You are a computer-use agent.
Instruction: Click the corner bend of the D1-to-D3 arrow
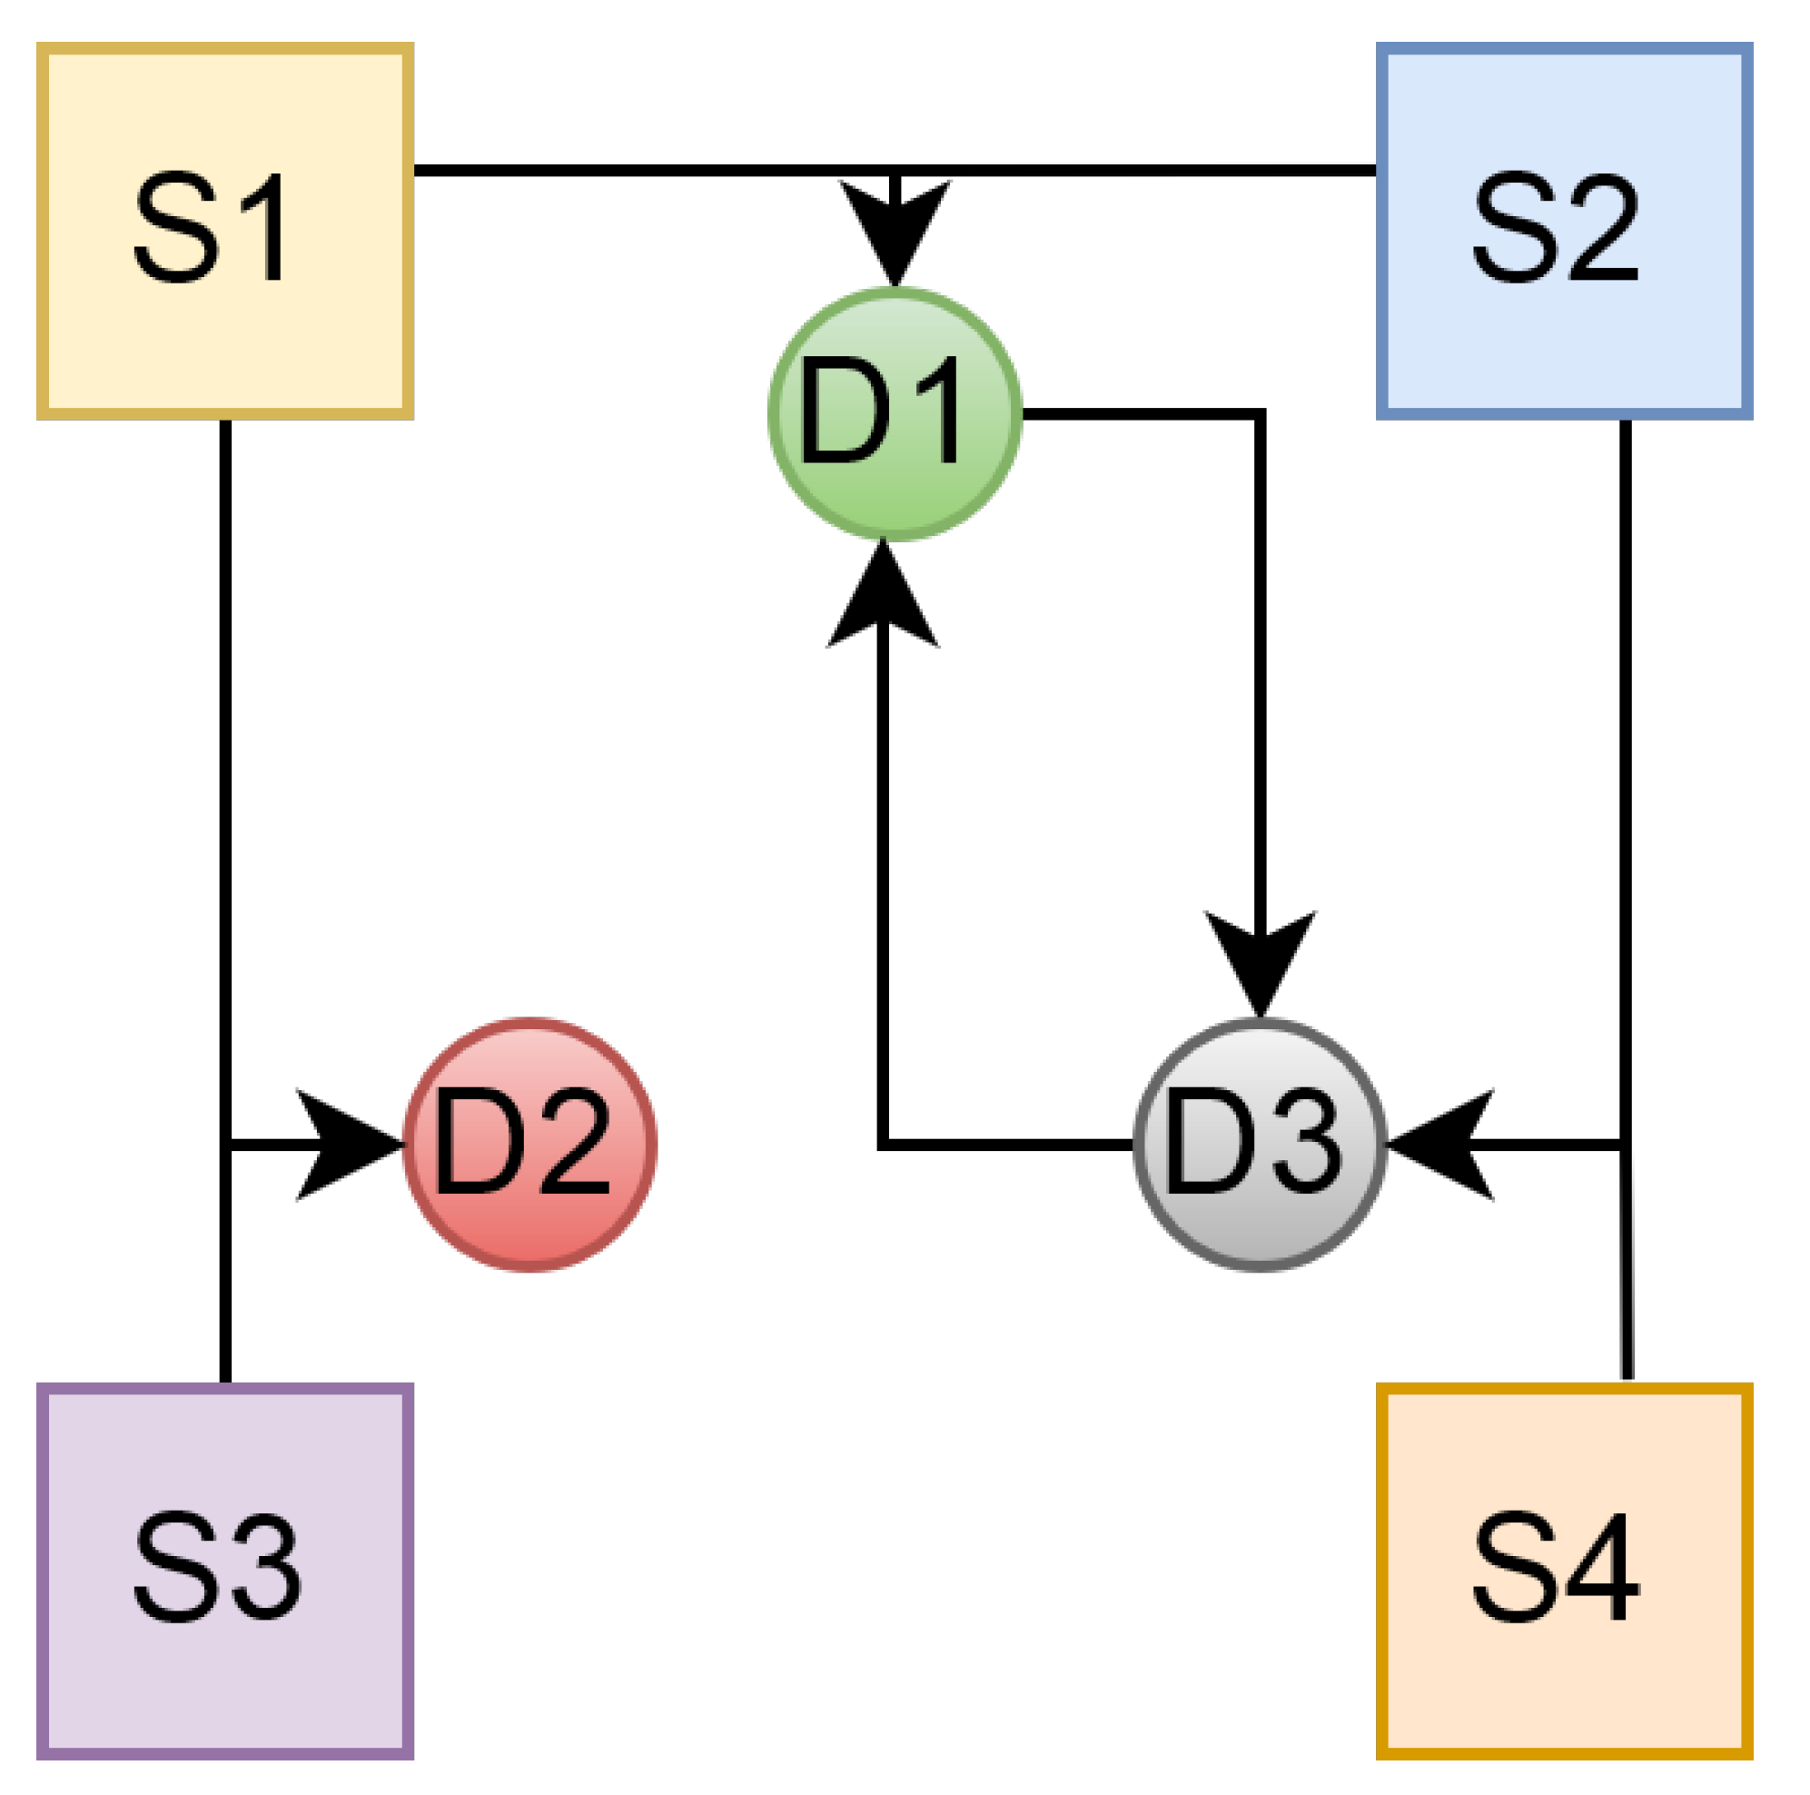pyautogui.click(x=1259, y=414)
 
